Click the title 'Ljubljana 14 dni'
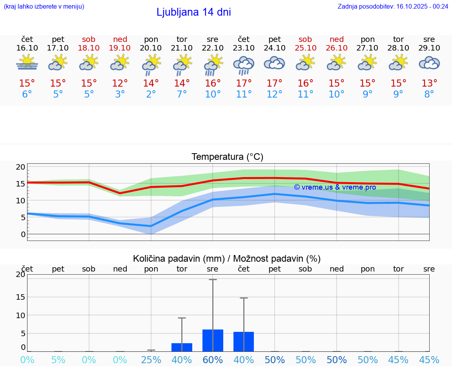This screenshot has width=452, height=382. point(193,12)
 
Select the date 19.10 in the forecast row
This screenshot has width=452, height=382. point(120,48)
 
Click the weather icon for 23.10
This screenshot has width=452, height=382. point(244,64)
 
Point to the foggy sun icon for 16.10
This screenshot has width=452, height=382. point(27,63)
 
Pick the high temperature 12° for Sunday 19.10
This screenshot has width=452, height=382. point(120,83)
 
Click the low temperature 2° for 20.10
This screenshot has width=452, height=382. point(151,94)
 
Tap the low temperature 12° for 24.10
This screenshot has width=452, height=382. point(275,94)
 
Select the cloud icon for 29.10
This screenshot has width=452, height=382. point(429,63)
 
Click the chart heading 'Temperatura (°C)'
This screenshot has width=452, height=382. point(227,157)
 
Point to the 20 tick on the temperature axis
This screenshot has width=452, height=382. point(20,167)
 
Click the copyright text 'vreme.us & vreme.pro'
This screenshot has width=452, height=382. point(335,187)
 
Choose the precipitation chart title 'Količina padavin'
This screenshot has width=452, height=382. point(179,259)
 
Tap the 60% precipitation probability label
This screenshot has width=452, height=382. point(213,360)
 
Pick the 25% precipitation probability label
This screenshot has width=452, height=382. point(151,360)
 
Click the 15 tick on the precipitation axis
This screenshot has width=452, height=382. point(20,297)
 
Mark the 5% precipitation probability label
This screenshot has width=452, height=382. point(58,360)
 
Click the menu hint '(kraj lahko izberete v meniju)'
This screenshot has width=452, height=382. point(44,6)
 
